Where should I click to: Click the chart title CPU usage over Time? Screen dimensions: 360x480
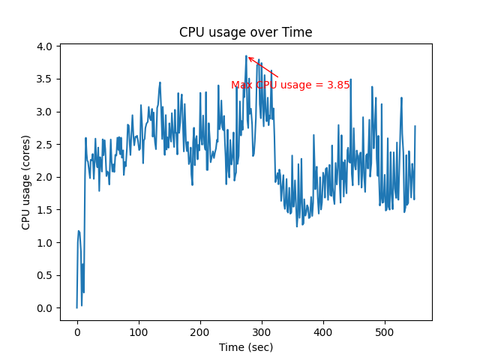245,32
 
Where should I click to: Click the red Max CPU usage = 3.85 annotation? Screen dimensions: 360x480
290,85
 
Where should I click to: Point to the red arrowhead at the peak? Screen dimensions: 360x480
249,58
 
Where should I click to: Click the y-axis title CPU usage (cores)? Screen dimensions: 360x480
26,182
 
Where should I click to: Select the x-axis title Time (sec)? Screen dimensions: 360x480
245,347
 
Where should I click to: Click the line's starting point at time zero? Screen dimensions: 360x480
77,307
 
